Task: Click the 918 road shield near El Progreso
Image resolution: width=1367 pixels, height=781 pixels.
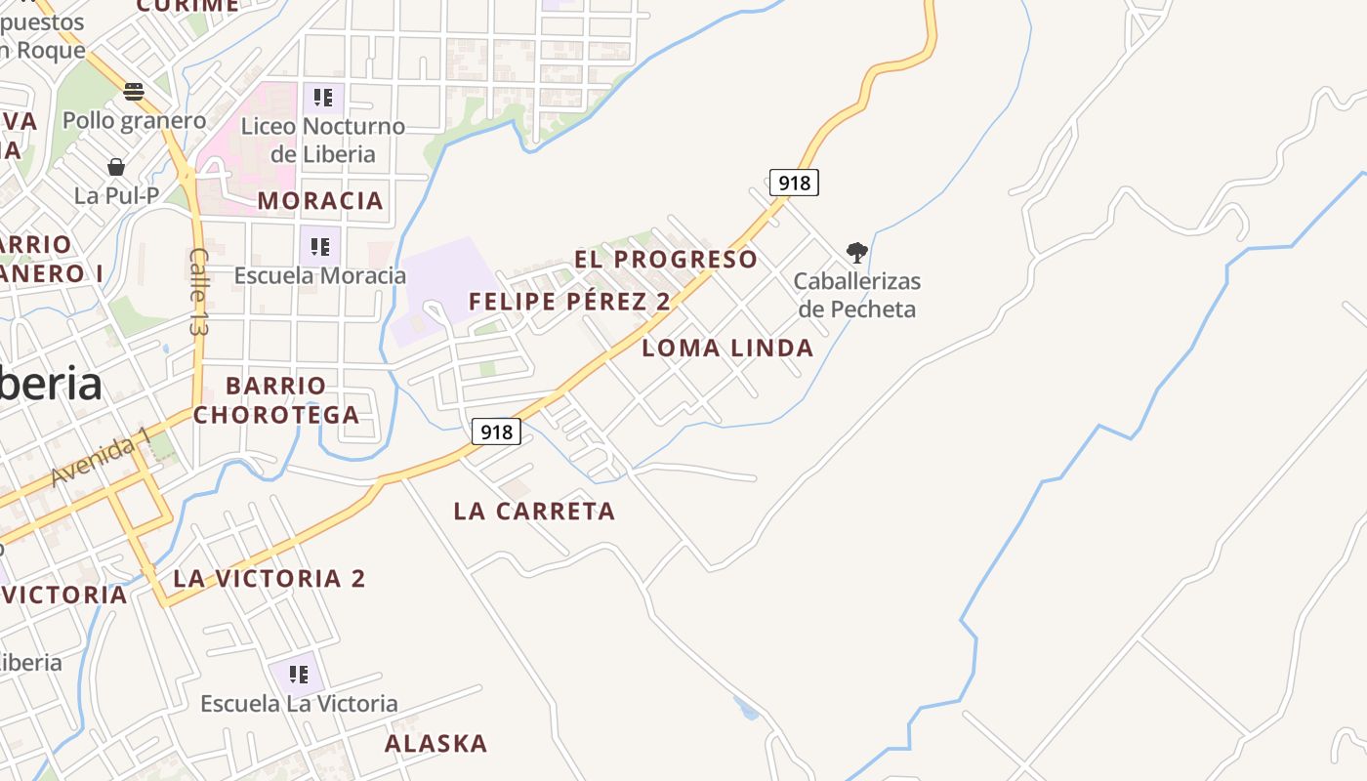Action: pos(794,183)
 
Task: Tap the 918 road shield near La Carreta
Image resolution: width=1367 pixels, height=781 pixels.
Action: pos(496,432)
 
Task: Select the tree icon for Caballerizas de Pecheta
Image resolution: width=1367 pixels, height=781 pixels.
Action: pos(857,254)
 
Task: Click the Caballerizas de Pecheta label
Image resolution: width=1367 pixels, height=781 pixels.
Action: pos(857,296)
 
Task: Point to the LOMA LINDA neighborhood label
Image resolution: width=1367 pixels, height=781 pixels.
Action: pos(727,349)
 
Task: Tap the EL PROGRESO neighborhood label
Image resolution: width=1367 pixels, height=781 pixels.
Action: pos(666,260)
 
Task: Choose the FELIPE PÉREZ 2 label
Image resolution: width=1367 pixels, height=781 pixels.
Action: pos(569,302)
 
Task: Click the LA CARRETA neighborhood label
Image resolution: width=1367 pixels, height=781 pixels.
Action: pos(534,512)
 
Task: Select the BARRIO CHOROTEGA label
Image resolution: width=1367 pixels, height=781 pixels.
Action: pos(276,400)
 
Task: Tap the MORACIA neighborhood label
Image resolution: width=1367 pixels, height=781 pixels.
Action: pos(320,201)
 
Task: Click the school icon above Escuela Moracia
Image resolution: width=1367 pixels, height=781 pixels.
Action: pos(319,245)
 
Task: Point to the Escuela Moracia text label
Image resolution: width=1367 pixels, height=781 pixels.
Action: pos(319,275)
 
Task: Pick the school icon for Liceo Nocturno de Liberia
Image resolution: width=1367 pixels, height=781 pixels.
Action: pos(323,98)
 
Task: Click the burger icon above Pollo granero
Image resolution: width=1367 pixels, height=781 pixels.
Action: pos(134,92)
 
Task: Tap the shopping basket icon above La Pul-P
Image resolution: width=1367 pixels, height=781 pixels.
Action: pos(116,167)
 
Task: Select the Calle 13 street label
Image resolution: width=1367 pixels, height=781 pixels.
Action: pos(199,292)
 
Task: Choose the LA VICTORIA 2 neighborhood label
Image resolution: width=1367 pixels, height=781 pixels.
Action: pos(269,579)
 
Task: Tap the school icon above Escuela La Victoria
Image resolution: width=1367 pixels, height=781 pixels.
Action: pos(299,674)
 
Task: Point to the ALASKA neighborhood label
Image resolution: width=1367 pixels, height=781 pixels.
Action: pos(435,744)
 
